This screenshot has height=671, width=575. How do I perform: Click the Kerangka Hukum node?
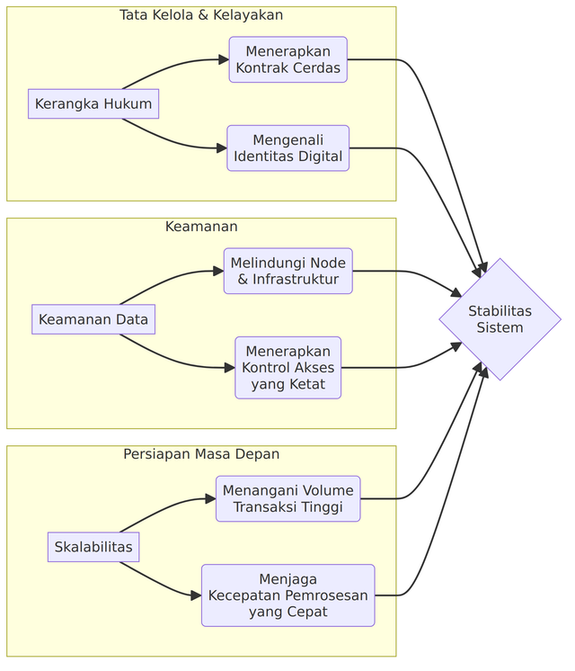tap(93, 104)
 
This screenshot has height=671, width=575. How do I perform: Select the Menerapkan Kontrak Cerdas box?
tap(287, 59)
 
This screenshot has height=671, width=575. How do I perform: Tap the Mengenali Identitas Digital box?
tap(287, 148)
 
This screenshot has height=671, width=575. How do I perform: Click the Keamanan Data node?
tap(93, 319)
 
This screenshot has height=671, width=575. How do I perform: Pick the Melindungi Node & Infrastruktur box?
tap(287, 271)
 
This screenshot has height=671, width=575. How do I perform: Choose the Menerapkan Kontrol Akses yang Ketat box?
tap(287, 367)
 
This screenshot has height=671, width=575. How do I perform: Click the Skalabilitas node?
tap(93, 547)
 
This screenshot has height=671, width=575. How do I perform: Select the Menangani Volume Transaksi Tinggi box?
tap(287, 498)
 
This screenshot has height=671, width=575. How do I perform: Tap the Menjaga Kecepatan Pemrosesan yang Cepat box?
tap(287, 595)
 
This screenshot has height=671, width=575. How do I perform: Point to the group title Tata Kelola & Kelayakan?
tap(201, 15)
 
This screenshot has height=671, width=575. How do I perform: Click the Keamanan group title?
tap(201, 227)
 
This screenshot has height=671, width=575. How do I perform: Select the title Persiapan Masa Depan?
tap(201, 454)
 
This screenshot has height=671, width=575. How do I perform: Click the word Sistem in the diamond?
tap(500, 327)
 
